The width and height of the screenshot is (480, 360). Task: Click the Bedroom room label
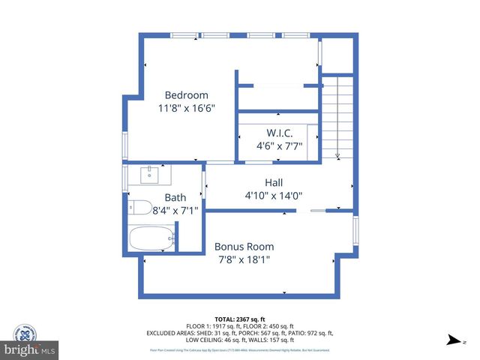[187, 95]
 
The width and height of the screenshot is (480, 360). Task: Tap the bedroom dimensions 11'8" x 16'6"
[187, 108]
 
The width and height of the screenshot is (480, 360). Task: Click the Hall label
[274, 182]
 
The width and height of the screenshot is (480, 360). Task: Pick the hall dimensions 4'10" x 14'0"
[273, 195]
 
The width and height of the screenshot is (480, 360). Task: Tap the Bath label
[175, 198]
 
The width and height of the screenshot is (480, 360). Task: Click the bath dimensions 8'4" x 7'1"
[175, 211]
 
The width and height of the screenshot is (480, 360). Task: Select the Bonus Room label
[244, 246]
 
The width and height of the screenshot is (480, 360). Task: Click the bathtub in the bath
[151, 239]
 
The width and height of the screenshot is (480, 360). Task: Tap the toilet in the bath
[142, 208]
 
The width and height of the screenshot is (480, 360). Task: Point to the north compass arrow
[453, 340]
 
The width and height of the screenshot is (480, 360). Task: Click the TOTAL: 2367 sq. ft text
[240, 319]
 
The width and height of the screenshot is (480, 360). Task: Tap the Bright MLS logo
[30, 350]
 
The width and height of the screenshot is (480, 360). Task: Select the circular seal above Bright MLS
[24, 334]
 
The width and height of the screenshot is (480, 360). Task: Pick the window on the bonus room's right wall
[356, 229]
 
